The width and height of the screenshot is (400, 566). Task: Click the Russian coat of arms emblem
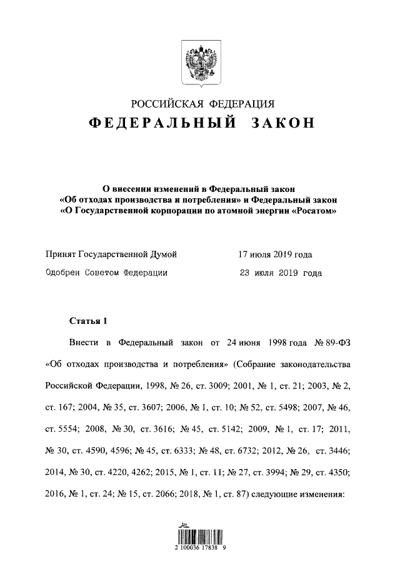coord(200,62)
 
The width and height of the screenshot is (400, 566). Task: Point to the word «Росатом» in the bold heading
coord(314,211)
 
